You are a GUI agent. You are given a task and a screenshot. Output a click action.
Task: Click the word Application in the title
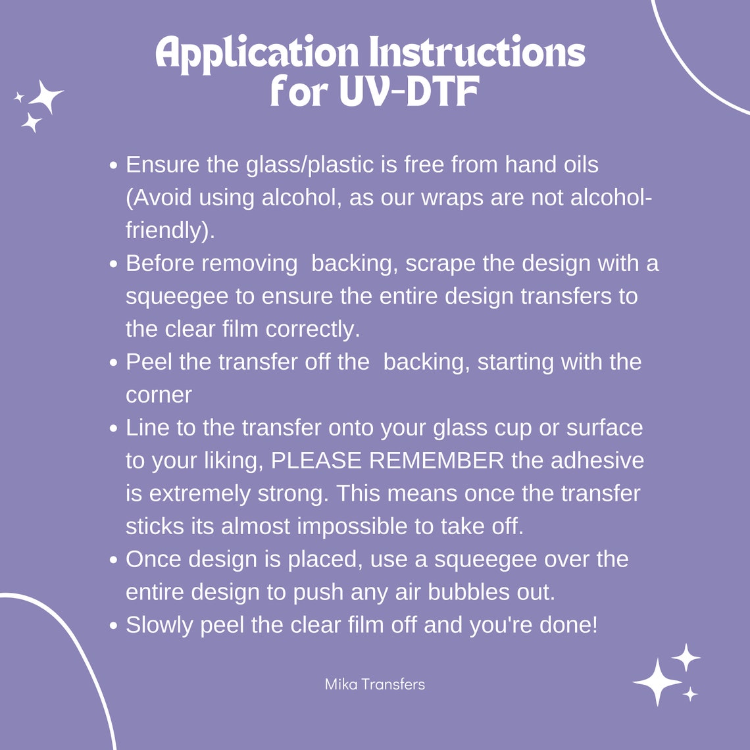point(257,53)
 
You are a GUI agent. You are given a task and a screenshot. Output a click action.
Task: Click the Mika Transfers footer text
point(374,684)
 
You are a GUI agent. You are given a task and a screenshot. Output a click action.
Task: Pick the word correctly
point(312,330)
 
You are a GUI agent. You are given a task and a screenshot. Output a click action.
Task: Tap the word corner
point(159,395)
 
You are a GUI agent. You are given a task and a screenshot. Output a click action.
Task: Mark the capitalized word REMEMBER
point(437,461)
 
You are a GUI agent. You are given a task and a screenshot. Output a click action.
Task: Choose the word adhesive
point(597,461)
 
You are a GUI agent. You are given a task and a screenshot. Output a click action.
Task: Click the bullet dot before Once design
point(113,560)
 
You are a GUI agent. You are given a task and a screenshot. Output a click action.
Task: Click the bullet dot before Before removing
point(113,264)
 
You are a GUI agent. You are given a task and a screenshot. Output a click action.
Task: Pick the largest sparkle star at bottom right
point(658,682)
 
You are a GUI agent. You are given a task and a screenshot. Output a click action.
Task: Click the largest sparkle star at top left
point(46,96)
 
